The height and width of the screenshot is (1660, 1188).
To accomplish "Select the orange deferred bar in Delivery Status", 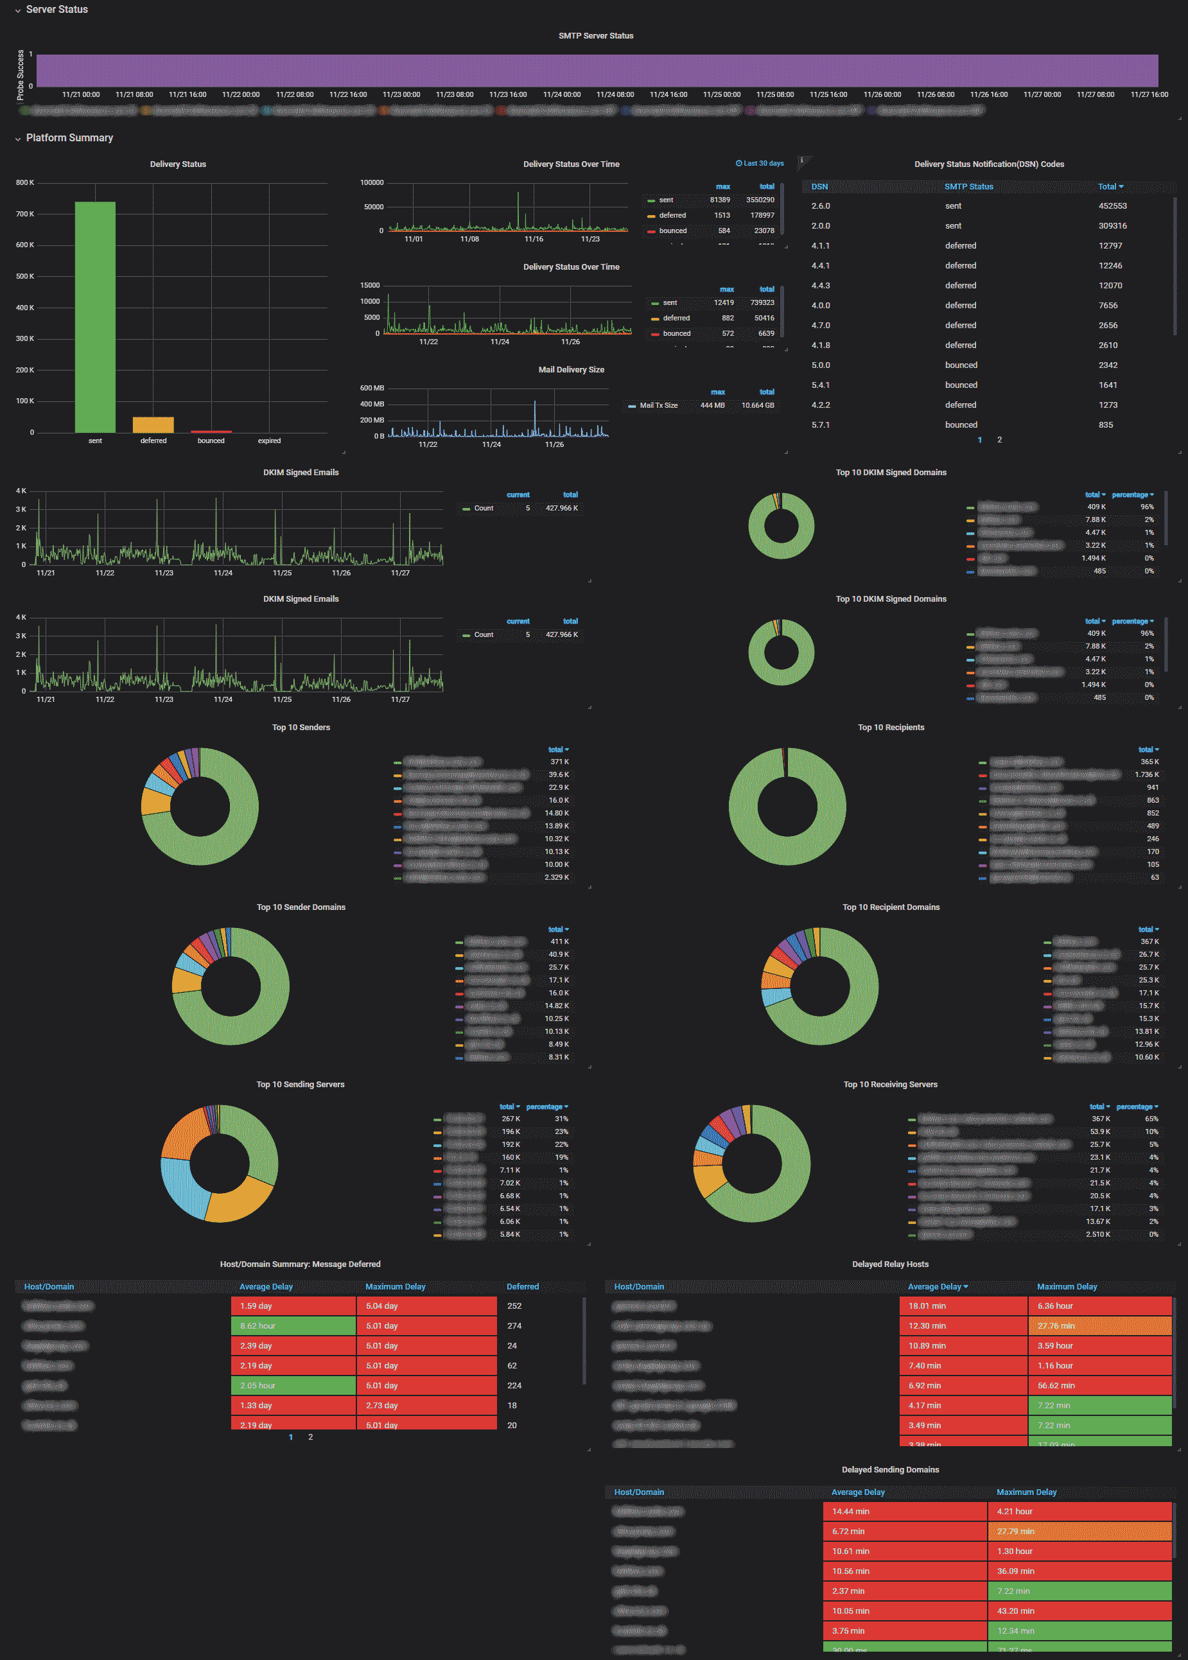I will point(153,424).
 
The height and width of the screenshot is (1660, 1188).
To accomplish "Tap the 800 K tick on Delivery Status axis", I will point(25,183).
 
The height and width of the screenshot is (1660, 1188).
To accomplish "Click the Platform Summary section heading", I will point(69,137).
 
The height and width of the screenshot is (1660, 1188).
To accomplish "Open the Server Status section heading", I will point(57,10).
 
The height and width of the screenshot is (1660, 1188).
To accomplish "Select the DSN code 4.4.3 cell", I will point(820,285).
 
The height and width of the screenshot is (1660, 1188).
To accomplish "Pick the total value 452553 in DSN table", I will point(1112,206).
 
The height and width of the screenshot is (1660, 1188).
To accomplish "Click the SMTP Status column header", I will point(968,187).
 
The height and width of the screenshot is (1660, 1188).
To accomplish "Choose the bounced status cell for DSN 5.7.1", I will point(961,424).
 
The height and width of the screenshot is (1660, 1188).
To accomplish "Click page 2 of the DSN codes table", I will point(999,440).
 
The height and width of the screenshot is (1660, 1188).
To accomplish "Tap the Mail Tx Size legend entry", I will point(658,405).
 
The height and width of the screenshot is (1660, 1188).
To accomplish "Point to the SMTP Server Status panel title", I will point(595,36).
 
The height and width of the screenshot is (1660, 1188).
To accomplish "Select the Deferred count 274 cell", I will point(514,1325).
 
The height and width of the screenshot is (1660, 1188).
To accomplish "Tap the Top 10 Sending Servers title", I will point(300,1084).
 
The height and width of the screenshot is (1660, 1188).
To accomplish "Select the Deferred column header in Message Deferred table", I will point(522,1286).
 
